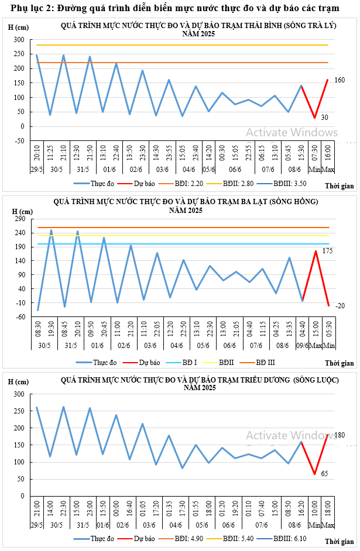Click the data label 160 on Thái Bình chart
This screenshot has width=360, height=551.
340,80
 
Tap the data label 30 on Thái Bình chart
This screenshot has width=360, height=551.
324,118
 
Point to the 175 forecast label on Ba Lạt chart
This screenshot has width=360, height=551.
327,251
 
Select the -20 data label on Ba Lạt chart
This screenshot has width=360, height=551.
340,306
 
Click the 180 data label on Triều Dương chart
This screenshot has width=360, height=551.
340,435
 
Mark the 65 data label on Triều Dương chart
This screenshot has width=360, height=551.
324,474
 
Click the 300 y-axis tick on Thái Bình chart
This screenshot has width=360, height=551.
27,40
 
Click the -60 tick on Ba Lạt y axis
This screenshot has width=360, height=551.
26,316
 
